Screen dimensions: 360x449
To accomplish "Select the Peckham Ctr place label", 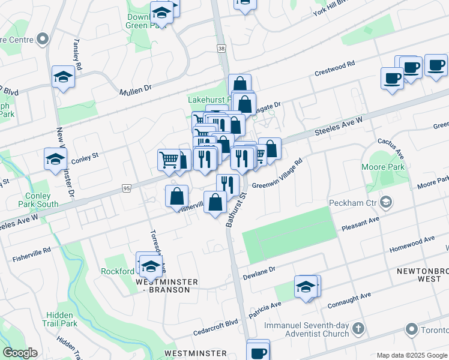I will click(x=354, y=202).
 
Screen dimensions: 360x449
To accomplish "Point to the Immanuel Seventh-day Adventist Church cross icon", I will click(x=358, y=329).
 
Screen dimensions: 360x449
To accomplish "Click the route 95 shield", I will click(x=125, y=188).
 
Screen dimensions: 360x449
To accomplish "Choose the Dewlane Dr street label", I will click(x=259, y=273).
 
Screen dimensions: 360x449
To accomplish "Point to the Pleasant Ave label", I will click(x=361, y=224).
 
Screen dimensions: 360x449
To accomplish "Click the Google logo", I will click(x=20, y=353).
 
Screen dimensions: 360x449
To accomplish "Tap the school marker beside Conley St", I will click(x=55, y=160).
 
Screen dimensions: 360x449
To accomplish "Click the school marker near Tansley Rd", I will click(x=62, y=77).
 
